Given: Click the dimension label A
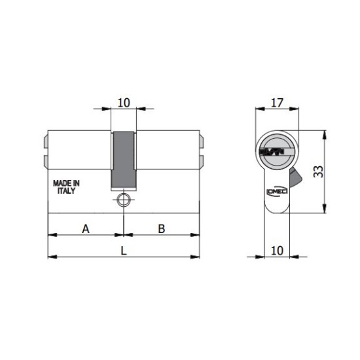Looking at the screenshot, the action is point(86,229).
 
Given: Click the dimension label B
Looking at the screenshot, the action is point(162,229).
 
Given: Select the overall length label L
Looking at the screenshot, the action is point(124,251).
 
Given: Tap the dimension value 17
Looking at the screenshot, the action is point(277,103).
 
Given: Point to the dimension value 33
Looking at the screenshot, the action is point(319,171).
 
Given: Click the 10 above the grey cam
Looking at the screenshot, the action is point(124,103).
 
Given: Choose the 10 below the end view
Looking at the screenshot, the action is point(277,251).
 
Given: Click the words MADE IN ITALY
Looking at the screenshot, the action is point(66,187).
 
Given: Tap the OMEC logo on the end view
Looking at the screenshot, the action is point(277,191).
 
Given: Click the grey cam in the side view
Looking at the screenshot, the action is point(123,160).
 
